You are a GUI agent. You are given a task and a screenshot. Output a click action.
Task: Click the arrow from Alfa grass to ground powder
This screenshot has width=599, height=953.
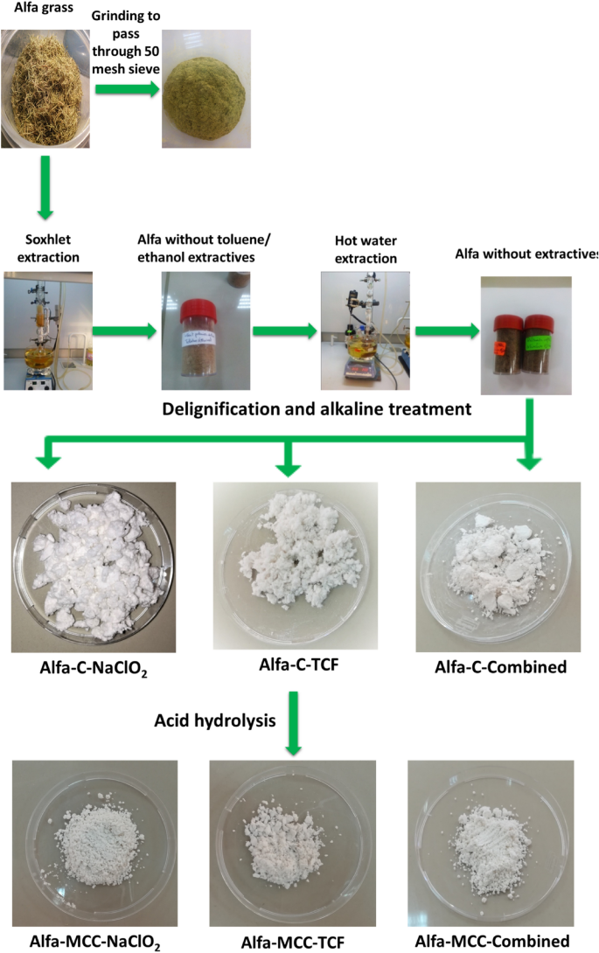tap(128, 88)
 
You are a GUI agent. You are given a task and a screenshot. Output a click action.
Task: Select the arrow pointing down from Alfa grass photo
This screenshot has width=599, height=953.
tap(44, 196)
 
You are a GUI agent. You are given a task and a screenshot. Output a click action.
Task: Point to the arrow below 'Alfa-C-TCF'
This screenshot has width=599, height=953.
tap(295, 722)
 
